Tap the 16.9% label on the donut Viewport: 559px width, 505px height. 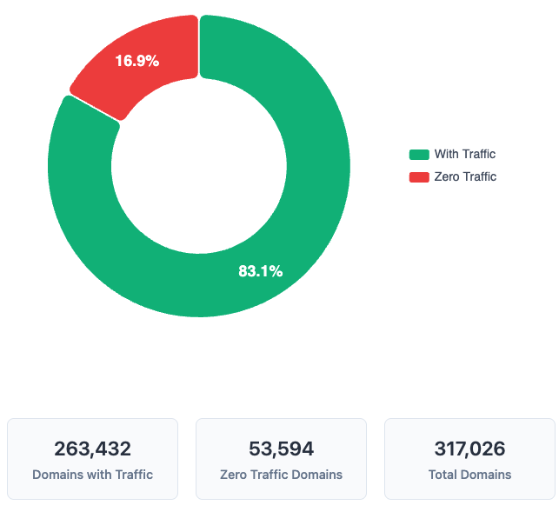[x=137, y=61]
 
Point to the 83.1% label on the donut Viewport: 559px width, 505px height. [x=261, y=271]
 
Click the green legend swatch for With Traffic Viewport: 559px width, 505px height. [x=419, y=155]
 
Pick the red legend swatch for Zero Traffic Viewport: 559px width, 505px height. [x=419, y=177]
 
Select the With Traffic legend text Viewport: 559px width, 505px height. [x=465, y=155]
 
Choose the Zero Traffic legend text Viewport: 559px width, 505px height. [x=465, y=177]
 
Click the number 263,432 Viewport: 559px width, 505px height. [x=92, y=449]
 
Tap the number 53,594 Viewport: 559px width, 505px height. [x=281, y=449]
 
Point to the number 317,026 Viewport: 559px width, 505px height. [x=469, y=449]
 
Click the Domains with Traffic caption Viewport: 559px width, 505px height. [x=92, y=475]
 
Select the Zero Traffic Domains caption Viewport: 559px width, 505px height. [x=281, y=475]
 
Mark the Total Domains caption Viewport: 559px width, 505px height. [x=469, y=475]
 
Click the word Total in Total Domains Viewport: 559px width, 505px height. [x=443, y=475]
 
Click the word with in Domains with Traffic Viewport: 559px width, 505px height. [x=98, y=475]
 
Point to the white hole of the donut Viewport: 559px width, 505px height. [x=199, y=166]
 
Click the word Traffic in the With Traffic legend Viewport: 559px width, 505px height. [x=478, y=155]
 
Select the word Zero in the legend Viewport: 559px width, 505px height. [x=446, y=177]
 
